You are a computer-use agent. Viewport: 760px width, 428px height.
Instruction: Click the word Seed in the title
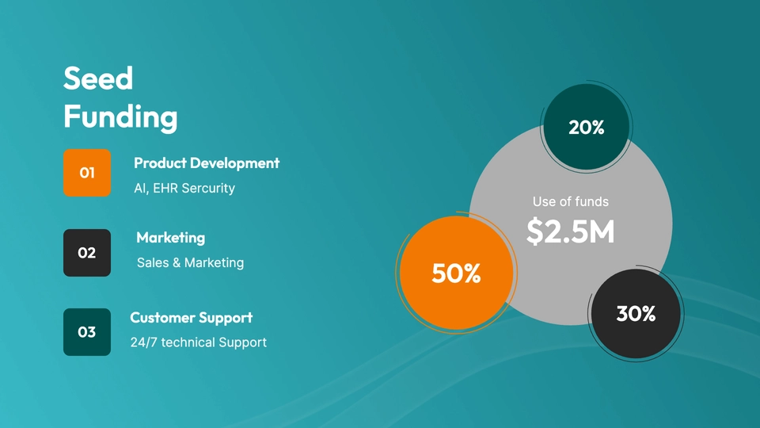click(x=98, y=78)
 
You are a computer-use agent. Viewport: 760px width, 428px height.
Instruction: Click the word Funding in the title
click(x=120, y=118)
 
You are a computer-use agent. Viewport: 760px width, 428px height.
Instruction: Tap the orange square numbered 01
click(x=87, y=173)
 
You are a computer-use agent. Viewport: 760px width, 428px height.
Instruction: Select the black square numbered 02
click(x=87, y=253)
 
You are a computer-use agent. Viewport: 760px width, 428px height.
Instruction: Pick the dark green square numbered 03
click(x=87, y=332)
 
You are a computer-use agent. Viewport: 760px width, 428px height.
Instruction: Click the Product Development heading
click(x=207, y=163)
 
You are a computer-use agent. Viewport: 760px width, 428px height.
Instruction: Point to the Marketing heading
click(x=171, y=238)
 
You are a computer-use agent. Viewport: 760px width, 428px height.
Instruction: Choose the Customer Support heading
click(x=192, y=318)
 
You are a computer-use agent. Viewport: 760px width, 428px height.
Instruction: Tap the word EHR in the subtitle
click(x=165, y=189)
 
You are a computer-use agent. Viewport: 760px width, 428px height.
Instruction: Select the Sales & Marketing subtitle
click(x=191, y=262)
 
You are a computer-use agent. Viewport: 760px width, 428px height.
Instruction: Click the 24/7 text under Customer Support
click(x=144, y=342)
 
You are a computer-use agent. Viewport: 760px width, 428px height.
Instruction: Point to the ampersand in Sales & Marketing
click(x=177, y=263)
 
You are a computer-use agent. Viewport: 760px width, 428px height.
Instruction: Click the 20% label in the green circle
click(x=587, y=128)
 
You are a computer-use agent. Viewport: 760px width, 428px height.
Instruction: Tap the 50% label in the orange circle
click(x=456, y=273)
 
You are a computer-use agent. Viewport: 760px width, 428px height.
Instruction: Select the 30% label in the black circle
click(x=636, y=314)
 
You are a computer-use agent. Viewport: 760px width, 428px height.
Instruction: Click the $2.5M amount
click(x=571, y=231)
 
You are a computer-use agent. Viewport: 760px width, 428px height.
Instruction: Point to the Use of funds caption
click(x=571, y=202)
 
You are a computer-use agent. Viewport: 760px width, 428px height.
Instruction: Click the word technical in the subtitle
click(x=188, y=342)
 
